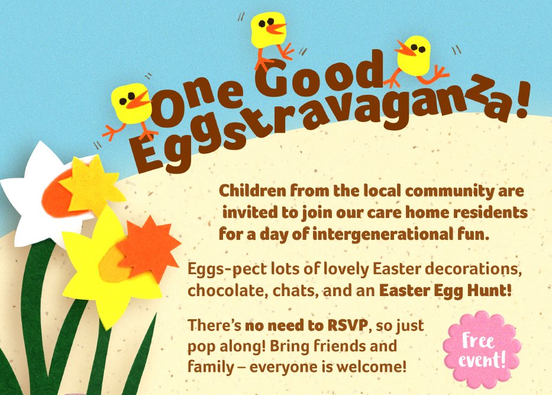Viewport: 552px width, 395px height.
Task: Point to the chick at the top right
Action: pyautogui.click(x=414, y=56)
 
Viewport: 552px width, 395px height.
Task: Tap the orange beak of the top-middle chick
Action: pyautogui.click(x=275, y=27)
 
